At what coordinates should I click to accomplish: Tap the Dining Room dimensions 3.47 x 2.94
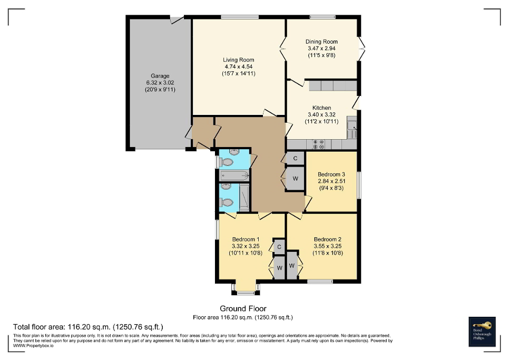click(321, 48)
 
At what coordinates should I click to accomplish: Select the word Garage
click(160, 76)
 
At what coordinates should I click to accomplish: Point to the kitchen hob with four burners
click(319, 143)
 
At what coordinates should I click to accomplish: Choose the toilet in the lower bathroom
click(227, 202)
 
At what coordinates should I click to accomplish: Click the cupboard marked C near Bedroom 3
click(295, 158)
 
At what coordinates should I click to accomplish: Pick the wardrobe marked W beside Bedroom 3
click(295, 179)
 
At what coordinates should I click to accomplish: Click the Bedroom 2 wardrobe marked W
click(291, 266)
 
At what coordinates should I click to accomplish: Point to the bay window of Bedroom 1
click(246, 289)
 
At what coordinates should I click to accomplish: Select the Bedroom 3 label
click(331, 174)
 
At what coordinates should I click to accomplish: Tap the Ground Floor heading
click(243, 308)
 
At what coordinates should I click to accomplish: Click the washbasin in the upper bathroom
click(234, 153)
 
